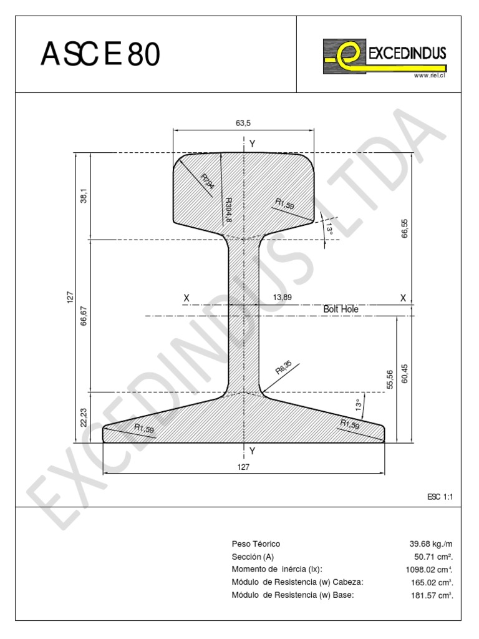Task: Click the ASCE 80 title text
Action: click(100, 56)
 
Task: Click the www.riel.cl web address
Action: click(429, 76)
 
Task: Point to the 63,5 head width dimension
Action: click(243, 123)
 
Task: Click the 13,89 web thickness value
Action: click(282, 298)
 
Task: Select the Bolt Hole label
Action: click(341, 309)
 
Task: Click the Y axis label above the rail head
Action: click(252, 144)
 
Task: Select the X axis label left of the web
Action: click(186, 299)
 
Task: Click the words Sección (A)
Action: click(253, 557)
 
